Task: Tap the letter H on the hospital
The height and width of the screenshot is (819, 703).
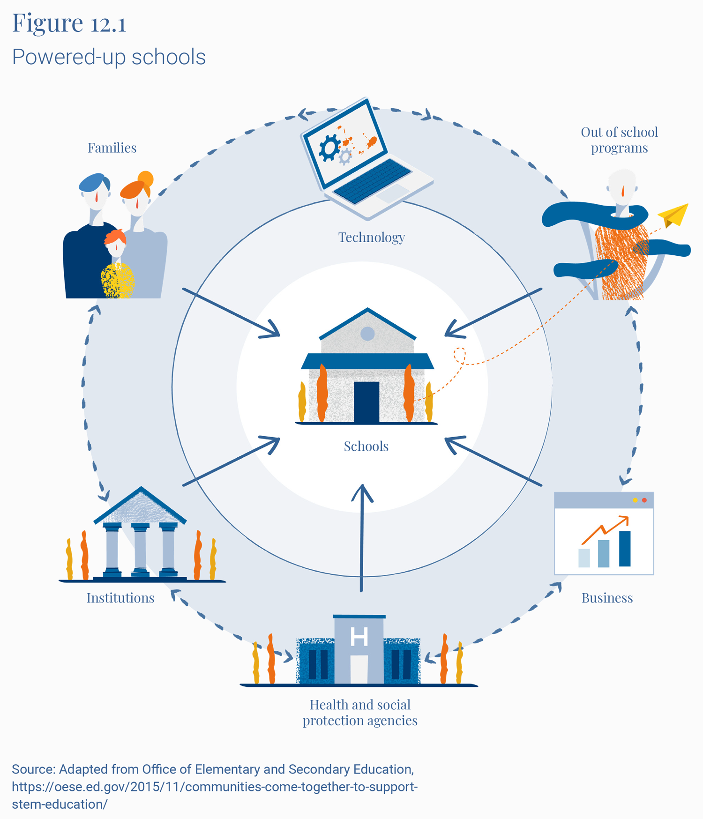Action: pyautogui.click(x=359, y=637)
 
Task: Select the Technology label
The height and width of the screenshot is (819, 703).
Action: pyautogui.click(x=371, y=238)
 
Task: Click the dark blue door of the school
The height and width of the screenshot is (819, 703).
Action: pyautogui.click(x=366, y=402)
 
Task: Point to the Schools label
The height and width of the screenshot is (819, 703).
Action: pyautogui.click(x=366, y=447)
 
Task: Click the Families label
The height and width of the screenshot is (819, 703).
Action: pyautogui.click(x=112, y=148)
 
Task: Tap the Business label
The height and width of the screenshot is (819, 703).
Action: pyautogui.click(x=607, y=598)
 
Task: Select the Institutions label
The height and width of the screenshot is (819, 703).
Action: pyautogui.click(x=120, y=598)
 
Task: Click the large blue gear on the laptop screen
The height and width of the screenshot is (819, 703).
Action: pyautogui.click(x=330, y=147)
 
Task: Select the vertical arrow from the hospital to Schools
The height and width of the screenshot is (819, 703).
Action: pyautogui.click(x=362, y=539)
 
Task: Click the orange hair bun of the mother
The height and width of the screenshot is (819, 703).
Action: pyautogui.click(x=146, y=179)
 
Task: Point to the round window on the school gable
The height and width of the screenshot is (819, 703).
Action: pyautogui.click(x=367, y=334)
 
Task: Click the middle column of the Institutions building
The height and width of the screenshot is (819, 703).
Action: pyautogui.click(x=140, y=548)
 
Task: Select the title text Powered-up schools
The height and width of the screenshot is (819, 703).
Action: pyautogui.click(x=109, y=57)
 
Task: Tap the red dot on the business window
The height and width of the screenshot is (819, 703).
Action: pyautogui.click(x=644, y=500)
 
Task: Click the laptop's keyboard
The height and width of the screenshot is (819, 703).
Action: pyautogui.click(x=373, y=180)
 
